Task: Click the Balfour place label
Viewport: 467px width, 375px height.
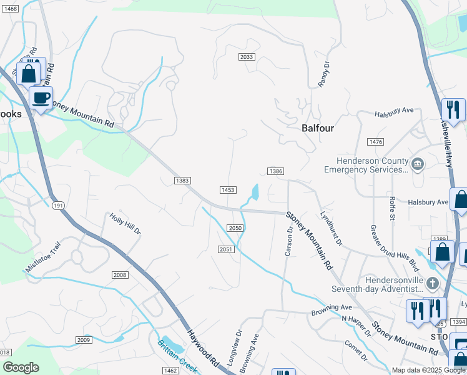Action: [x=318, y=128]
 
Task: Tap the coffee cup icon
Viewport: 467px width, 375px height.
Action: [x=41, y=98]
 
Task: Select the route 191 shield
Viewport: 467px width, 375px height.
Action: [x=58, y=205]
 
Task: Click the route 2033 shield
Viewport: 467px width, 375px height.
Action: [x=247, y=57]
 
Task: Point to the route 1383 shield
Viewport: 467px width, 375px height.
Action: [x=182, y=181]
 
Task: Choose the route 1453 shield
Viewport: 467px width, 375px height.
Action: [x=227, y=189]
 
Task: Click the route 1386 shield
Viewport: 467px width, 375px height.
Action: [x=276, y=171]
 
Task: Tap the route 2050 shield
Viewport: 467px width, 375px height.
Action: [x=235, y=228]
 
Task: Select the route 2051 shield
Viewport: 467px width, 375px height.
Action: [x=226, y=249]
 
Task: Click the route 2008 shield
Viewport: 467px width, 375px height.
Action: [x=120, y=275]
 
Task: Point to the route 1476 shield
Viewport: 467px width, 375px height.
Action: [x=376, y=142]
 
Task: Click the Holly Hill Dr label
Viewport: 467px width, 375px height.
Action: [x=125, y=224]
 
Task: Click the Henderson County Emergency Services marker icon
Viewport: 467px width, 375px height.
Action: [x=418, y=164]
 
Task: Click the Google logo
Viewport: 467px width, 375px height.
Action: [x=21, y=367]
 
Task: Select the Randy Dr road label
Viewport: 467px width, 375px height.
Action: [x=323, y=74]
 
